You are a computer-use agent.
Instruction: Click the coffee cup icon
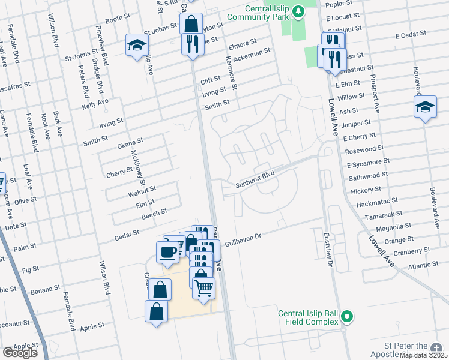point(167,251)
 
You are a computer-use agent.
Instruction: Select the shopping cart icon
point(203,288)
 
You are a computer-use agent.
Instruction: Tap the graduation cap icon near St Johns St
point(137,44)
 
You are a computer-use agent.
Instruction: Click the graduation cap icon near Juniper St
point(425,107)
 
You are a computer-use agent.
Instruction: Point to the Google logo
point(20,353)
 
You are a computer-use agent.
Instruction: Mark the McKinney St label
point(137,166)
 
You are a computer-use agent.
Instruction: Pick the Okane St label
point(130,142)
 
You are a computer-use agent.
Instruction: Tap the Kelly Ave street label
point(95,106)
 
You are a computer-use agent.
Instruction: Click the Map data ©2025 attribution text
point(423,355)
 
